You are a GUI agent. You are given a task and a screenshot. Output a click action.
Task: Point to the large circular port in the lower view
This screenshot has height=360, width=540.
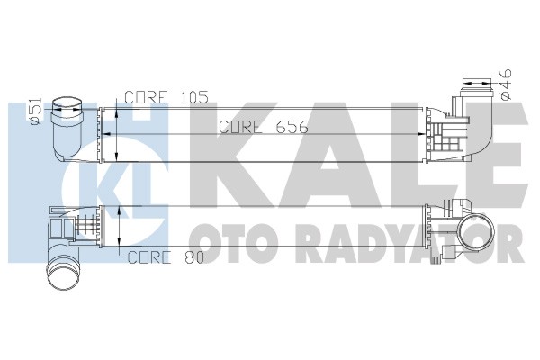[469, 235]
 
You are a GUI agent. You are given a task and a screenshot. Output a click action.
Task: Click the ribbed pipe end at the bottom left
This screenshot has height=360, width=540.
[62, 269]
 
